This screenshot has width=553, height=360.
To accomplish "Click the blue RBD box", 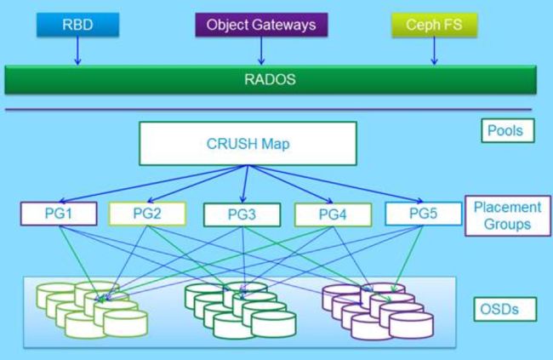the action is coord(78,25).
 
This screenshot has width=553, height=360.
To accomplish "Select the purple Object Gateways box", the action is coord(261,25).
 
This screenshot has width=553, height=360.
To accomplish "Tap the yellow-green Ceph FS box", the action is coord(435,25).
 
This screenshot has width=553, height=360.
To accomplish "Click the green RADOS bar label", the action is coord(271,79).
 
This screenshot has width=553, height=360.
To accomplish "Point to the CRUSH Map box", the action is coord(248,144).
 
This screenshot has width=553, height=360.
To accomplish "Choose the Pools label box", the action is coord(508,130).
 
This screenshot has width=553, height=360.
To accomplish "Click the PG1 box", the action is coord(59,214).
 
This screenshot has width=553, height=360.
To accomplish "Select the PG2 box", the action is coord(147,214).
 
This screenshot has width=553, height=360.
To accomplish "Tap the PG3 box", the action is coord(242,214).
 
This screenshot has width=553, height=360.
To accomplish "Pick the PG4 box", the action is coord(333,214).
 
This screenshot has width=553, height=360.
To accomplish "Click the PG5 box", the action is coord(423,214).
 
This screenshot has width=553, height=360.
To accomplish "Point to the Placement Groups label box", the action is coord(508,215).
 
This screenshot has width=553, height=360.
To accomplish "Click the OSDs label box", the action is coord(505,310).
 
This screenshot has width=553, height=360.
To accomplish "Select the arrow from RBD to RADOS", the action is coord(78,51).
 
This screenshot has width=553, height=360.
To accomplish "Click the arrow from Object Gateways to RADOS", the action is coord(261,51).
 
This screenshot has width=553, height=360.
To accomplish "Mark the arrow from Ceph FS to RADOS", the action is coord(435,51).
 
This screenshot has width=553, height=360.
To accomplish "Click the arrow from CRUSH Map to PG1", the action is coord(153,184).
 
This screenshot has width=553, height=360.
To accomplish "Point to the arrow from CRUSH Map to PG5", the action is coord(335,184).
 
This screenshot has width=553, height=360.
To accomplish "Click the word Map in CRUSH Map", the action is coord(276,144).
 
